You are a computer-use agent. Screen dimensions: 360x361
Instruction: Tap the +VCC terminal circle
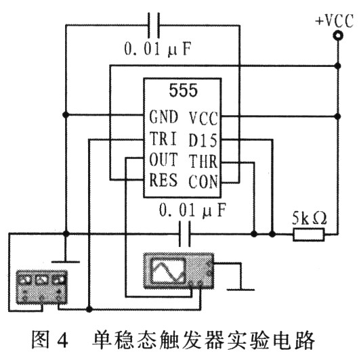tap(337, 40)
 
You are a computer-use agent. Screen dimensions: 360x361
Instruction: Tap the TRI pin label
tap(163, 139)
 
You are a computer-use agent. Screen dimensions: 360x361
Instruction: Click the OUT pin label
tap(163, 160)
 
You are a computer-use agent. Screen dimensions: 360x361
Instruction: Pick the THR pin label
tap(203, 162)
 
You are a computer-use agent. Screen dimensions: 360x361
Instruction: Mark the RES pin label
tap(163, 181)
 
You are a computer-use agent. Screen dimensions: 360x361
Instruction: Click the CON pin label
tap(203, 181)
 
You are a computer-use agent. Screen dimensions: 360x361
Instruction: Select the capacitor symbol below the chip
tap(182, 235)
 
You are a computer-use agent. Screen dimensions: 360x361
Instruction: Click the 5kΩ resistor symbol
tap(309, 235)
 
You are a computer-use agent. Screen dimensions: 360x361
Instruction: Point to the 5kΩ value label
tap(309, 219)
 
